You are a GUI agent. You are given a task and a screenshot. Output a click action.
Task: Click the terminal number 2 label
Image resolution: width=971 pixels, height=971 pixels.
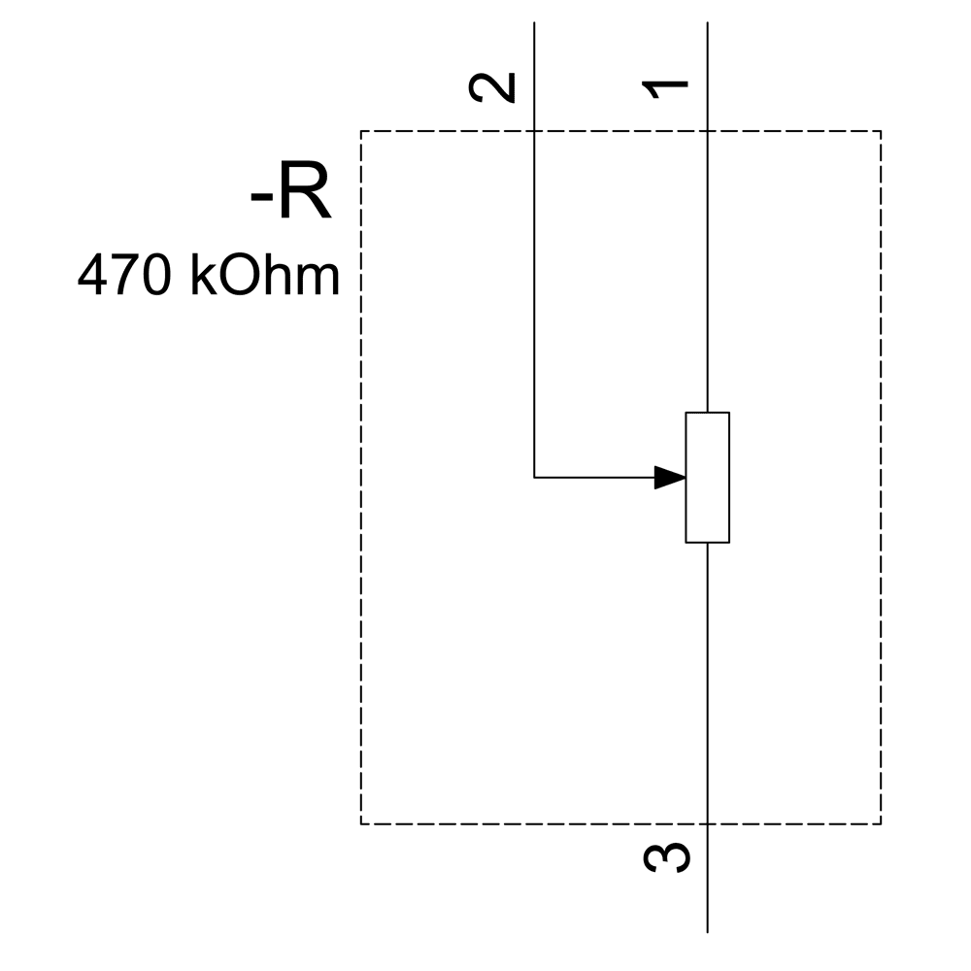[x=492, y=87]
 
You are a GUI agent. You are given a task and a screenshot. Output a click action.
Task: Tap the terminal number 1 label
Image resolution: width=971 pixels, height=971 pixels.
[x=665, y=89]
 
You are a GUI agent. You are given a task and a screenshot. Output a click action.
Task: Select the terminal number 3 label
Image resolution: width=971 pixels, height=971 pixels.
[x=667, y=858]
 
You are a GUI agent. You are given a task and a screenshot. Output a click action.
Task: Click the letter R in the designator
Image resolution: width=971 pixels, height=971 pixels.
[x=305, y=190]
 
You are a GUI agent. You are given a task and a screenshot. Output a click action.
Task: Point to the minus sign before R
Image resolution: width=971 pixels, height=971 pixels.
[x=261, y=199]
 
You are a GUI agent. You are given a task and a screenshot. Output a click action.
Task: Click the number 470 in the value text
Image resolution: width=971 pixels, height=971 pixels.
[x=124, y=275]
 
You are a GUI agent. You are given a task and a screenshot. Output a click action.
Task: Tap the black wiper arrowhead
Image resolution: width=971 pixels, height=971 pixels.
[x=670, y=478]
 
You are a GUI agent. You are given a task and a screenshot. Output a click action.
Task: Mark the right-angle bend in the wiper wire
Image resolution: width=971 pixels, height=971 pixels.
[x=534, y=478]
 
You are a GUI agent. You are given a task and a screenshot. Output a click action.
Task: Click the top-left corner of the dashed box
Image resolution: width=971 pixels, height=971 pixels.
[x=361, y=131]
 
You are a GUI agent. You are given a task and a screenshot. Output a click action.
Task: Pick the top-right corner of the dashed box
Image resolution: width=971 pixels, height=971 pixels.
[x=881, y=131]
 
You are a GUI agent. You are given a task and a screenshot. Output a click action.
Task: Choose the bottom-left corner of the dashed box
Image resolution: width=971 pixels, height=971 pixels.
[x=361, y=824]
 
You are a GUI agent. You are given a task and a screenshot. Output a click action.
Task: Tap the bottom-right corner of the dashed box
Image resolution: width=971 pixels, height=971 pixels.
[x=881, y=824]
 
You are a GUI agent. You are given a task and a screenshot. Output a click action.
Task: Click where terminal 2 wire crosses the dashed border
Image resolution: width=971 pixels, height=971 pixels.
[x=534, y=131]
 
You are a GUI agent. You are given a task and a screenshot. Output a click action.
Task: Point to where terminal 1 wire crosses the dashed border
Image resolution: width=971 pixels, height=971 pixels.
[x=707, y=131]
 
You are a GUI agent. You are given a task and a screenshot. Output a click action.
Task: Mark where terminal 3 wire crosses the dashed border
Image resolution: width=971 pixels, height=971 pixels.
[x=707, y=824]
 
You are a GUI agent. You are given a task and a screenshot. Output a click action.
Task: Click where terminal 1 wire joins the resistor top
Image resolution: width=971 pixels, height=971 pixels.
[x=707, y=412]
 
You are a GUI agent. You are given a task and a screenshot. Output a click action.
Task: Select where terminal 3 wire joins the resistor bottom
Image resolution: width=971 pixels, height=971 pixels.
[x=707, y=543]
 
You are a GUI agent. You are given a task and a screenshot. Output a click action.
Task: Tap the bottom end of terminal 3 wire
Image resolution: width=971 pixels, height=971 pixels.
[x=707, y=932]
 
